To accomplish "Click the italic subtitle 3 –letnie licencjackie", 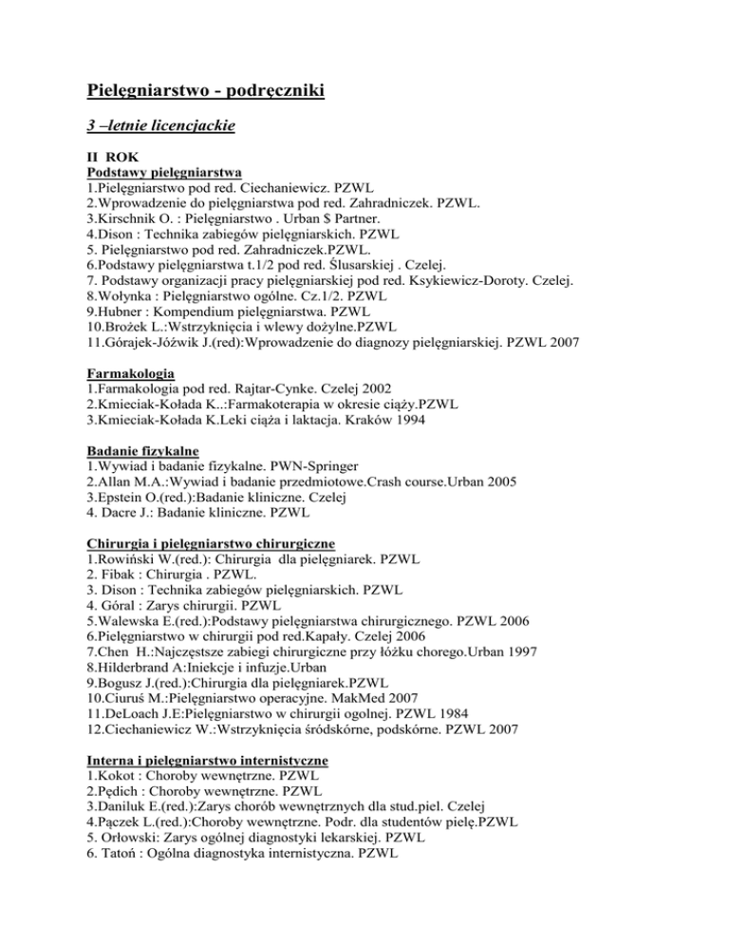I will click(160, 124).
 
